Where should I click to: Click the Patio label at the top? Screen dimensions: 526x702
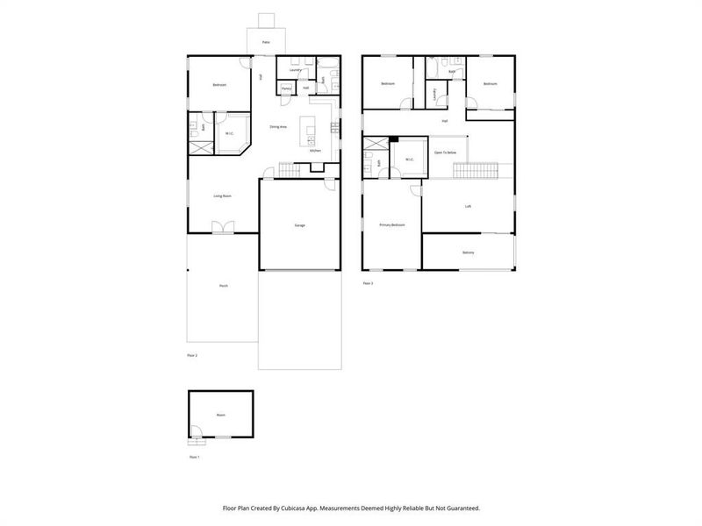264,41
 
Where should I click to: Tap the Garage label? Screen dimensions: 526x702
299,225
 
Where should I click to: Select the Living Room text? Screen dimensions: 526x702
222,195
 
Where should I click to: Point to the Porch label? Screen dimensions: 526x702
223,287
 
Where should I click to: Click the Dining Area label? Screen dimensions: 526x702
279,127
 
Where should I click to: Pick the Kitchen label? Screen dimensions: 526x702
315,151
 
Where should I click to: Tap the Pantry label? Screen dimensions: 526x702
286,89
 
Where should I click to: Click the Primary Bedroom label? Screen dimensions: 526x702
391,225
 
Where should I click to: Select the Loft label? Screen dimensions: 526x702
468,207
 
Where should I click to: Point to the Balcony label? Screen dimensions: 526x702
468,252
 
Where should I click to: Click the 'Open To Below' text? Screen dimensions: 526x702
445,153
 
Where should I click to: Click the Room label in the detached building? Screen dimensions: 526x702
220,415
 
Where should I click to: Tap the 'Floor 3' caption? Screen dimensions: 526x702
368,283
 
